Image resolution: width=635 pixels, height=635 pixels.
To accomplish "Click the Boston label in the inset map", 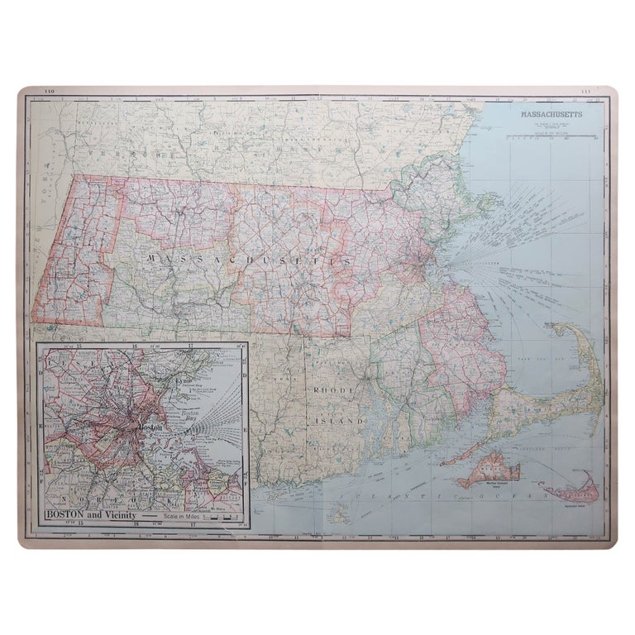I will (x=151, y=427).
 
